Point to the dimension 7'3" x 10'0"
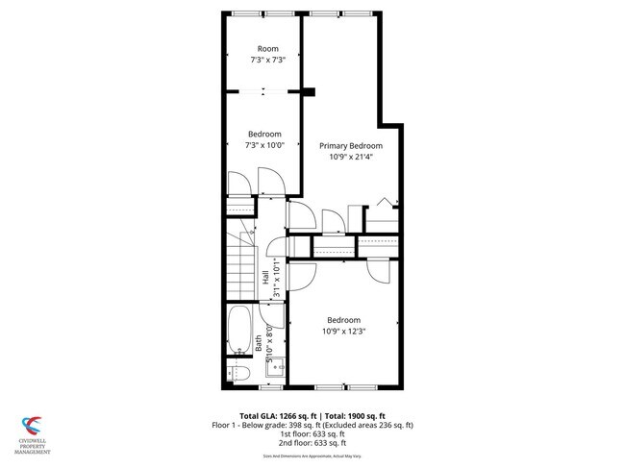coord(264,145)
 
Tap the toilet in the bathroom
coord(241,373)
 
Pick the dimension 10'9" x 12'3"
coord(343,332)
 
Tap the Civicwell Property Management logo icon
coord(32,424)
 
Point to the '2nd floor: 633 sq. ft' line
coord(312,443)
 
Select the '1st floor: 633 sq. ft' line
coord(312,433)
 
